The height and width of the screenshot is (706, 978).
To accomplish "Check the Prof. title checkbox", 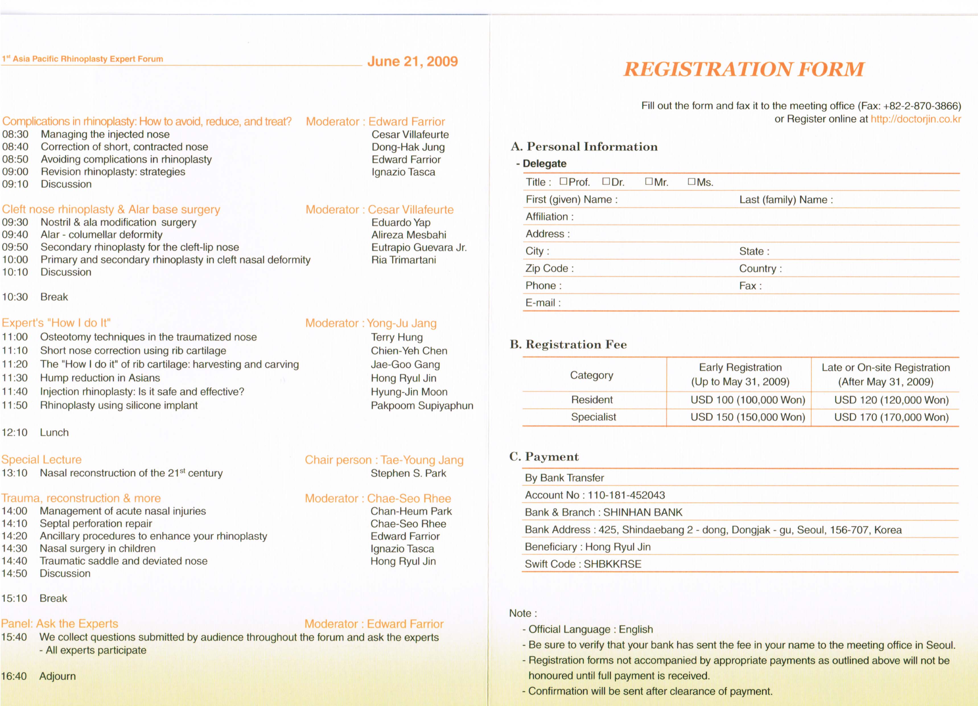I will pyautogui.click(x=563, y=182).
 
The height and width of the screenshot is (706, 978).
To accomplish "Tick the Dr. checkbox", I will pyautogui.click(x=606, y=182).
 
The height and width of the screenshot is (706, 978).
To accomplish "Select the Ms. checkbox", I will pyautogui.click(x=691, y=182).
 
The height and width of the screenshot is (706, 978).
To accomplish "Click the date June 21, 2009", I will pyautogui.click(x=412, y=61).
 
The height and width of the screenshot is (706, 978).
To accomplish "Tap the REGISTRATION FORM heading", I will pyautogui.click(x=744, y=69).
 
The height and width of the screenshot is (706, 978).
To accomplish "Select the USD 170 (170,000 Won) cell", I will pyautogui.click(x=891, y=417).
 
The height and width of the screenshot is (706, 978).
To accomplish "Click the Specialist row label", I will pyautogui.click(x=593, y=417).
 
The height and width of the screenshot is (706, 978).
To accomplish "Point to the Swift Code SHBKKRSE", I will pyautogui.click(x=583, y=564).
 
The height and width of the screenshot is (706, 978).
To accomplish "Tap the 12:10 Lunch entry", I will pyautogui.click(x=35, y=432).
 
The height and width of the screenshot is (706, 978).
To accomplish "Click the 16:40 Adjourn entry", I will pyautogui.click(x=38, y=676).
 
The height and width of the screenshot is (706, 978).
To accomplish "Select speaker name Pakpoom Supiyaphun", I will pyautogui.click(x=422, y=406).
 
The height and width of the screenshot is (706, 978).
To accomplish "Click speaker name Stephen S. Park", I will pyautogui.click(x=408, y=473).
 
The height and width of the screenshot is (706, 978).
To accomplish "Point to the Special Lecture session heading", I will pyautogui.click(x=41, y=459).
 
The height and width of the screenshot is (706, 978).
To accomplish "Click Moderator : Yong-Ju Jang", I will pyautogui.click(x=371, y=323).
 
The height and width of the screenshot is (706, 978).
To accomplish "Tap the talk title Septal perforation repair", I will pyautogui.click(x=96, y=524).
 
